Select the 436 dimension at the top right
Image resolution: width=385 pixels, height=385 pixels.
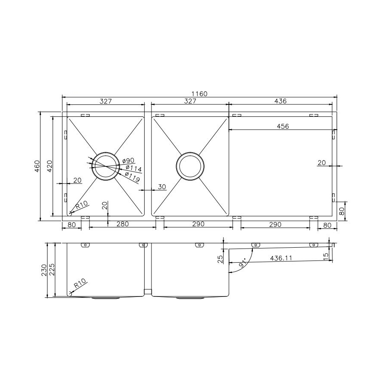(280, 101)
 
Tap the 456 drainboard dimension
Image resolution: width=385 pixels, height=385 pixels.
(283, 126)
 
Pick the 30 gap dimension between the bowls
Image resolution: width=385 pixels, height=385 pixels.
(162, 187)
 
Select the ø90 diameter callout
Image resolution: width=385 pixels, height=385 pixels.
(128, 160)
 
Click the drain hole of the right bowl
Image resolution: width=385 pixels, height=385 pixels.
(190, 166)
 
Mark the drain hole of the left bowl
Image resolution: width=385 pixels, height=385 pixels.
(105, 166)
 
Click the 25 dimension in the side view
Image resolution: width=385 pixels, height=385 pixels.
(220, 259)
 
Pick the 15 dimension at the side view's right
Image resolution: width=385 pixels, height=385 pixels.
(326, 256)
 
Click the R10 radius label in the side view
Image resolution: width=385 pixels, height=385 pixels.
(80, 284)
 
